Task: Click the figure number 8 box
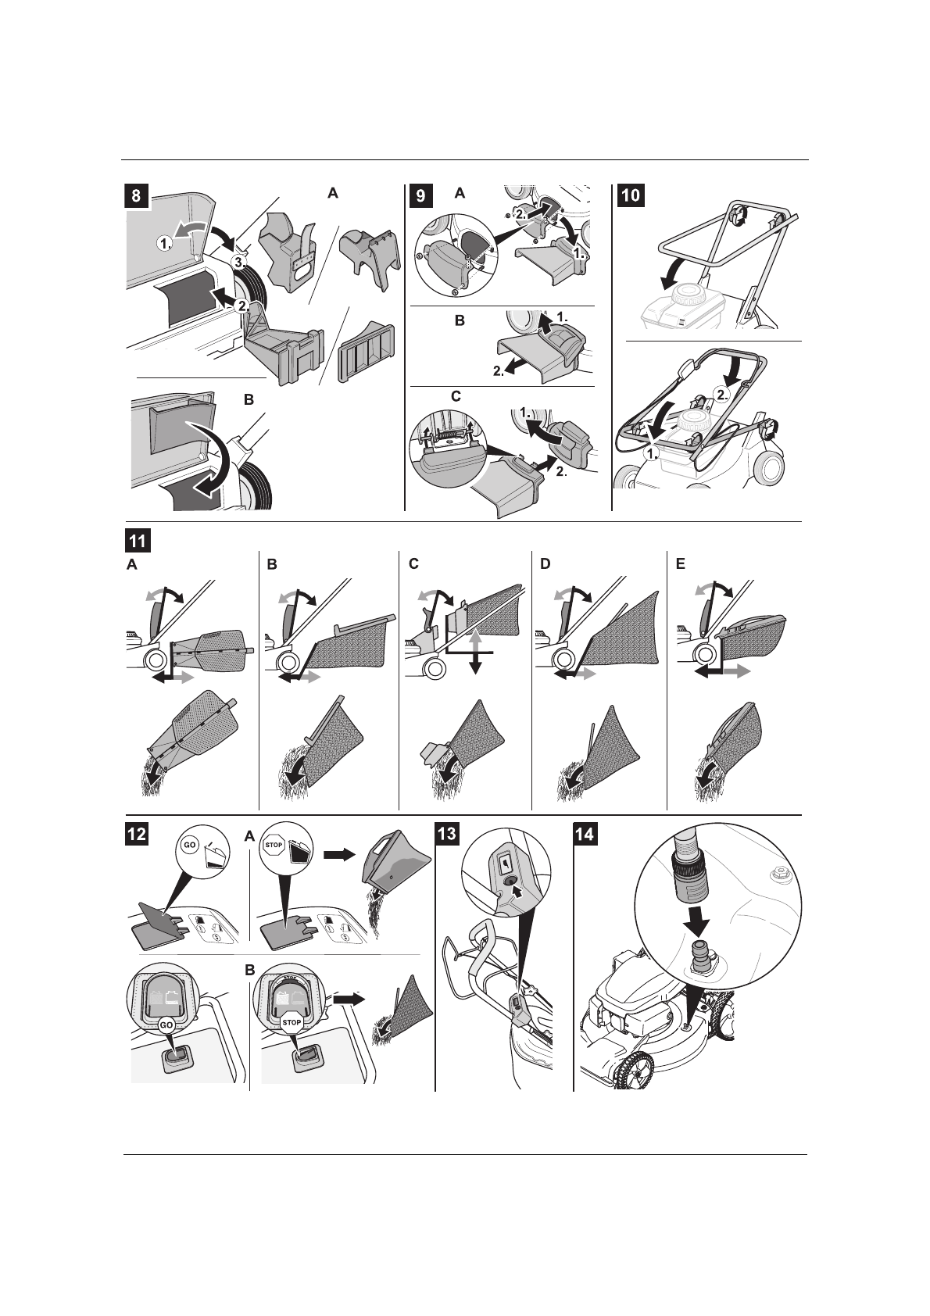tap(136, 196)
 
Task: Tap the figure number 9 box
tap(420, 196)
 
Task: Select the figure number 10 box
tap(631, 196)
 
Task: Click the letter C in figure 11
tap(414, 563)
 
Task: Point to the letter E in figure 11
tap(681, 563)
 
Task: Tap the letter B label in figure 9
tap(460, 320)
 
